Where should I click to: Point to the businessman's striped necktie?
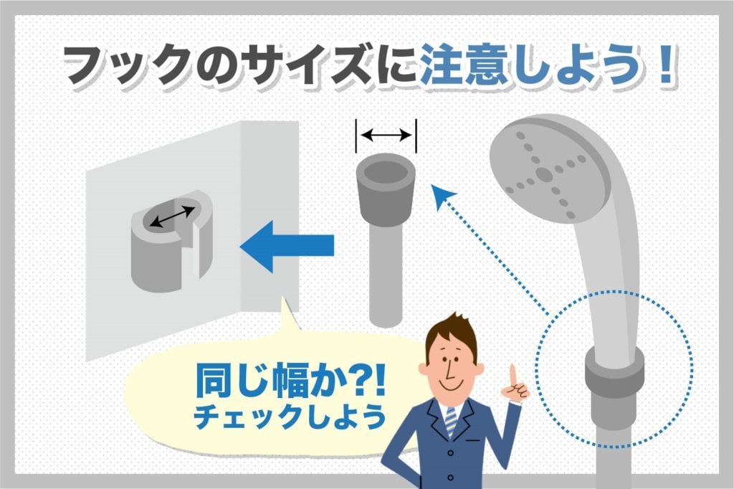(x=450, y=419)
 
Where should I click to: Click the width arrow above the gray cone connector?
(x=386, y=134)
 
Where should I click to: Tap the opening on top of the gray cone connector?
(x=386, y=172)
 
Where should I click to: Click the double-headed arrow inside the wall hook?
(x=172, y=217)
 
